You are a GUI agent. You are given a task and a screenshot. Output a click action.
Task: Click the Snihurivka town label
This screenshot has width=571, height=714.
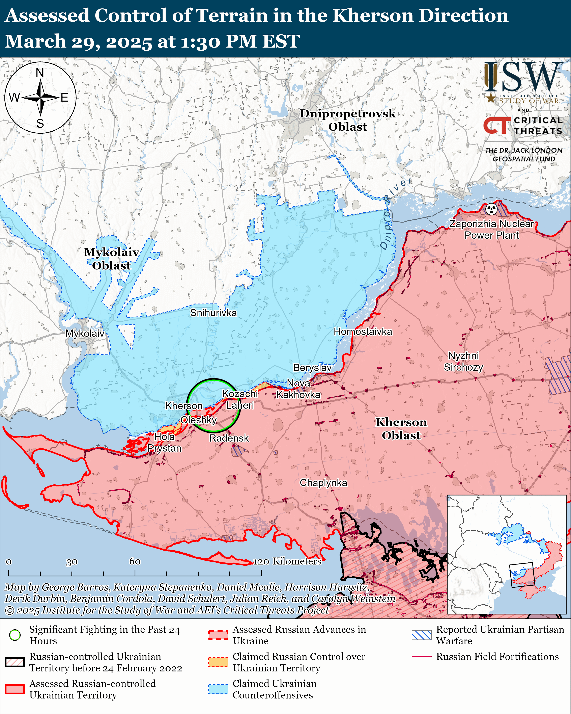point(213,313)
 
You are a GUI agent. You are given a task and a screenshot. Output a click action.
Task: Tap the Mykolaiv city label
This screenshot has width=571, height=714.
point(85,333)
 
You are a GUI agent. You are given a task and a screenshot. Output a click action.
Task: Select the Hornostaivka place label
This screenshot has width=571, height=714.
point(363,332)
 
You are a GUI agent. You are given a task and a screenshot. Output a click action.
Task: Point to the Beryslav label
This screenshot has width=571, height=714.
point(312,368)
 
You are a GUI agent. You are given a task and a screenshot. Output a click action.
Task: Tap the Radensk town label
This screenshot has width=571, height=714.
point(229,438)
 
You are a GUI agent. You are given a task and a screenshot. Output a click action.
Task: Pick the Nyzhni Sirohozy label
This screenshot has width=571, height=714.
point(463,361)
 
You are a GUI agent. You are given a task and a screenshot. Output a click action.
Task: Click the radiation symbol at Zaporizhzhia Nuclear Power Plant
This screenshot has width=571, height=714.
point(492,209)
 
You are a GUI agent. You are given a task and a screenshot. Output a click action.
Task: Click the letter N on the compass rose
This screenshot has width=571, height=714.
point(40,73)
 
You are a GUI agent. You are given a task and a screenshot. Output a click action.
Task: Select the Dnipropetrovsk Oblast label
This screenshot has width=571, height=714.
point(348,120)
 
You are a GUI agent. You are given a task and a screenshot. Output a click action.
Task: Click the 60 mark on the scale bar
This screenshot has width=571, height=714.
point(135,561)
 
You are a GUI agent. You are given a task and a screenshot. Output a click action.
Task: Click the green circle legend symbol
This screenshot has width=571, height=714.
point(15,635)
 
